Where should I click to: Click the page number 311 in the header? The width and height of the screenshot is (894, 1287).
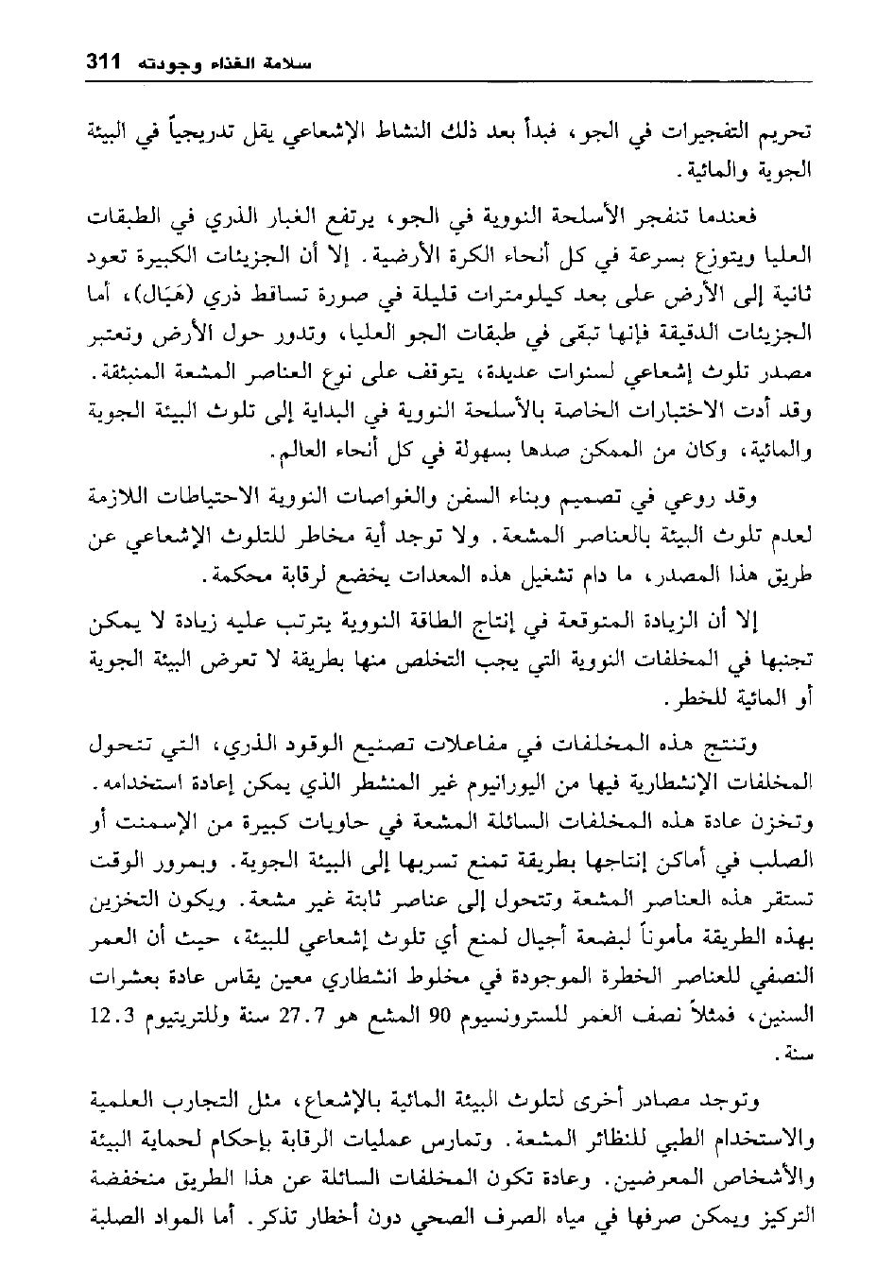coord(101,63)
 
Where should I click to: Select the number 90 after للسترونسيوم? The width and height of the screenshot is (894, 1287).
coord(443,1019)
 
